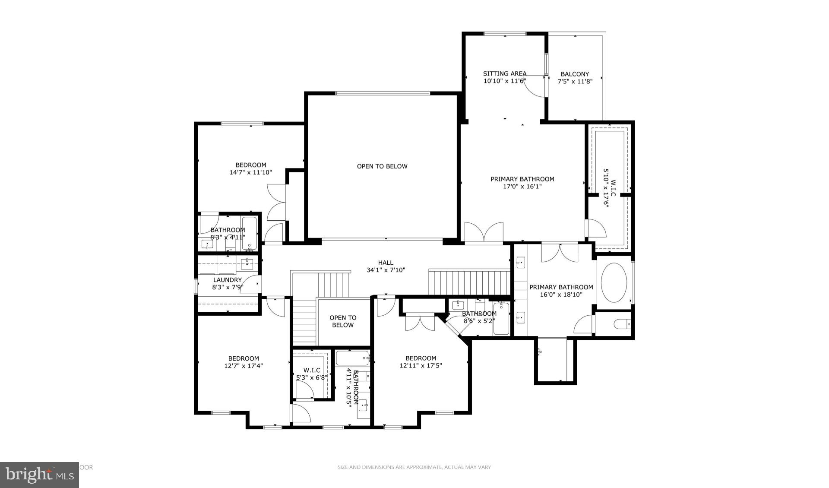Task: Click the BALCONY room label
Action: coord(575,74)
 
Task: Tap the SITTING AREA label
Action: coord(504,73)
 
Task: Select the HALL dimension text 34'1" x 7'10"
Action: coord(386,270)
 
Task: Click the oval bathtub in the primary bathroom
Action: coord(614,282)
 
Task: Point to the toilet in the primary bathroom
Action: coord(622,324)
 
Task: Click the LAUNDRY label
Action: coord(227,280)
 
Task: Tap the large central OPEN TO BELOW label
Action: coord(382,166)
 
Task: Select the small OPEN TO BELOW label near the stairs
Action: coord(343,321)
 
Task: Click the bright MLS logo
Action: coord(39,475)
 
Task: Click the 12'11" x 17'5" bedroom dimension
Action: coord(421,366)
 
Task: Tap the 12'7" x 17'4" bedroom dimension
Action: coord(244,366)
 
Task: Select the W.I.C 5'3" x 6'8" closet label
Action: coord(312,374)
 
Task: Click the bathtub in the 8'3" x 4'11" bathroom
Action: coord(250,233)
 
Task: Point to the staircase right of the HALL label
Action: coord(469,282)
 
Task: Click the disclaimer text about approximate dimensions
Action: coord(414,467)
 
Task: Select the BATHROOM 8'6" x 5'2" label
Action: coord(479,317)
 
